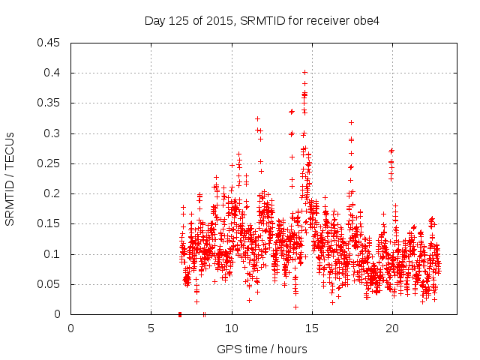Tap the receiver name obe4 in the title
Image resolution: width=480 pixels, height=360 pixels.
point(366,20)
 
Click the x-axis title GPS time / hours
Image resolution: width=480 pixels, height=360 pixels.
point(262,349)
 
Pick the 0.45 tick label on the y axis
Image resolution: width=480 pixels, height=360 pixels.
point(49,43)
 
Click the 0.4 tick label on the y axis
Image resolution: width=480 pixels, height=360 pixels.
point(52,73)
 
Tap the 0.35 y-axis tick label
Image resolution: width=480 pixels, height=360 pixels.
point(49,103)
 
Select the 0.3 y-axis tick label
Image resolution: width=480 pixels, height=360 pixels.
point(52,133)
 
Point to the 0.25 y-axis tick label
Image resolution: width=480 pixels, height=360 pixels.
point(49,163)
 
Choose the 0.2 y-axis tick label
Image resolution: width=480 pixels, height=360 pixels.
point(52,193)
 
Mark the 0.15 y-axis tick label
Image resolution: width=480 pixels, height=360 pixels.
point(49,224)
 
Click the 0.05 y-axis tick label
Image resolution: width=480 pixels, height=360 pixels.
point(49,284)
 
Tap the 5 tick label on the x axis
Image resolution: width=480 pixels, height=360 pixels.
point(151,328)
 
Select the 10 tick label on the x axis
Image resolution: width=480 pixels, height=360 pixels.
point(231,328)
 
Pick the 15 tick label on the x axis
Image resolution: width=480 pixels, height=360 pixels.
point(311,328)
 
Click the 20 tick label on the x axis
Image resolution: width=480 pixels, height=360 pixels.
point(392,328)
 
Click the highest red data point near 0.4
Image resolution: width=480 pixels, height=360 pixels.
point(304,73)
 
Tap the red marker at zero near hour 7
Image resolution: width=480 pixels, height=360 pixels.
point(180,314)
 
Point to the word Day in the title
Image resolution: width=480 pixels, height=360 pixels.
point(154,20)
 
